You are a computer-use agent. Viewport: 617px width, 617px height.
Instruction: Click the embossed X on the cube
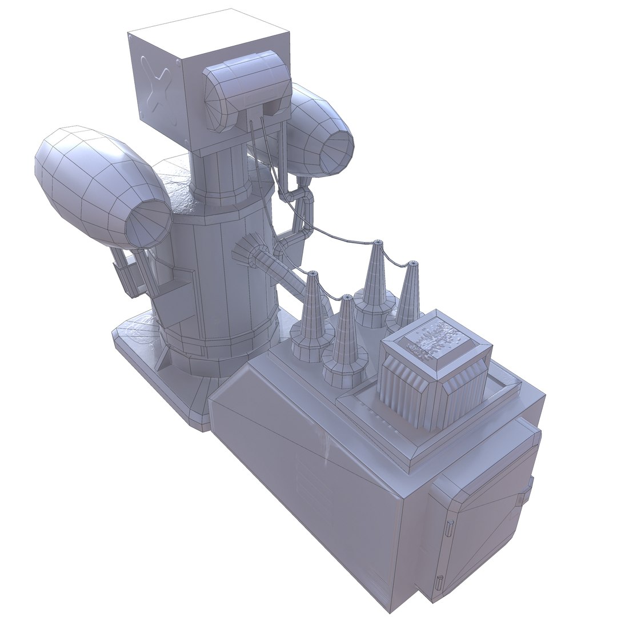157,89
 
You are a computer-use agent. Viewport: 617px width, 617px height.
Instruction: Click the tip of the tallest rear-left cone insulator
378,243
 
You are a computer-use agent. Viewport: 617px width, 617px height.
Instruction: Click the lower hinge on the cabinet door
439,584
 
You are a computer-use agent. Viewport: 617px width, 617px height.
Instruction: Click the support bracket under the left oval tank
129,277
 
